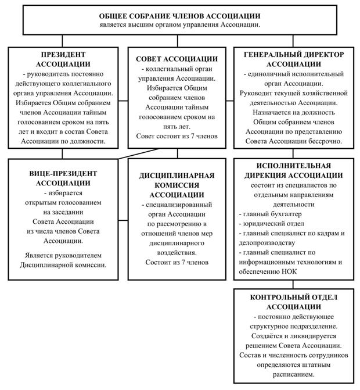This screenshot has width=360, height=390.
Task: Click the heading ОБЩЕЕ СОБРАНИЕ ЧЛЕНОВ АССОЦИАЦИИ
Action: click(x=179, y=16)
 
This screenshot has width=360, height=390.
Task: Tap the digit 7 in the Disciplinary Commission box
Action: click(x=186, y=262)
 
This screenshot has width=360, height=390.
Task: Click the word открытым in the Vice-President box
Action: click(x=45, y=202)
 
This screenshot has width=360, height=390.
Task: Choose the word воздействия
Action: click(x=178, y=252)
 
